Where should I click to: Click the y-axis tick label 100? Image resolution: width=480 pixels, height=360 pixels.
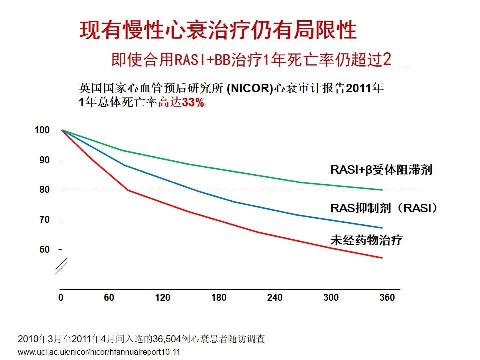pos(42,130)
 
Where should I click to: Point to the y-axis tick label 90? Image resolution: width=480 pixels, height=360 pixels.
pos(44,160)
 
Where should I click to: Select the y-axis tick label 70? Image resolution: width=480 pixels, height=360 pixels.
pos(44,220)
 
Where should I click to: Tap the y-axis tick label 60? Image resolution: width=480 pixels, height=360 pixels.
pos(44,250)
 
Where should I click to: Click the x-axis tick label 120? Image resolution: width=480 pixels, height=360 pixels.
pos(162,297)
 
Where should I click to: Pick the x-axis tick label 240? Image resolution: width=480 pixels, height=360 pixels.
pos(275,297)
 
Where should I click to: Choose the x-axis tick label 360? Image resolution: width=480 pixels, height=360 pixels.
pos(387,297)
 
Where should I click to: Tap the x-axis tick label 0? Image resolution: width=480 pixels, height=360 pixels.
pos(61,297)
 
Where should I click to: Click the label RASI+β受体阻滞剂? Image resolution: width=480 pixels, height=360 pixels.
pos(381,170)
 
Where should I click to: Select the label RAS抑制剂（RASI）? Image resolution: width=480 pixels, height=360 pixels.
pos(384,208)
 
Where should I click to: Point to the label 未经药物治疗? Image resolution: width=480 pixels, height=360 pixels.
pos(366,240)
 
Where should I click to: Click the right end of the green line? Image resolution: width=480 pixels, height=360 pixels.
pos(382,190)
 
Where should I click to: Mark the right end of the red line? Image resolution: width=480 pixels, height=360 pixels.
pos(382,258)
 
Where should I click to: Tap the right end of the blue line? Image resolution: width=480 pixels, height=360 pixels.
pos(382,228)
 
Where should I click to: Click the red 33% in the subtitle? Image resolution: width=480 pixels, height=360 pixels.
pos(193,103)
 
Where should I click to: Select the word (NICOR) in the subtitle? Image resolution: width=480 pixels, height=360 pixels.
pos(250,88)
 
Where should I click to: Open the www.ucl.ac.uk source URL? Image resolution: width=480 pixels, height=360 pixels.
pos(99,352)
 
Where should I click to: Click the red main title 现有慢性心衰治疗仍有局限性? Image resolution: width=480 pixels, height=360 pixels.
pos(218,30)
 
